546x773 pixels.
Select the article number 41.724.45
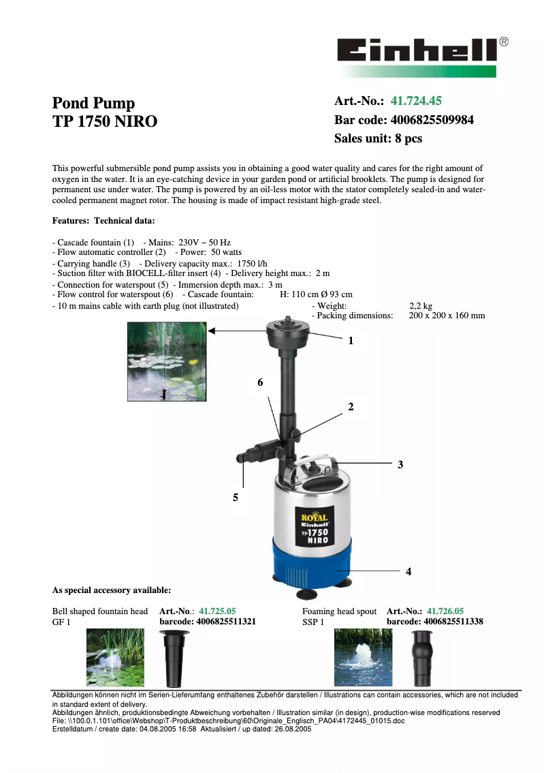(415, 102)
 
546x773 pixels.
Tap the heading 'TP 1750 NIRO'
(105, 122)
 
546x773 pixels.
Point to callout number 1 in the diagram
(351, 340)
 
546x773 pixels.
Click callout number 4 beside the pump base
(408, 571)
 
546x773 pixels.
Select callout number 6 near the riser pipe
(260, 383)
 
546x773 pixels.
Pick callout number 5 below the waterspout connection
(236, 498)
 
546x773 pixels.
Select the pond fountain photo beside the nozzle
(166, 361)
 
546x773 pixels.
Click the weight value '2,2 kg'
(420, 306)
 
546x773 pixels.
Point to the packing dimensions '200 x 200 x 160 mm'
(447, 316)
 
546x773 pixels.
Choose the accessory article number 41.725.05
(217, 611)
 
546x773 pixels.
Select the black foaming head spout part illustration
(420, 658)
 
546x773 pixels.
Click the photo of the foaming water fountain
(363, 657)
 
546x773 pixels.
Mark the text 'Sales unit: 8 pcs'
(378, 138)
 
